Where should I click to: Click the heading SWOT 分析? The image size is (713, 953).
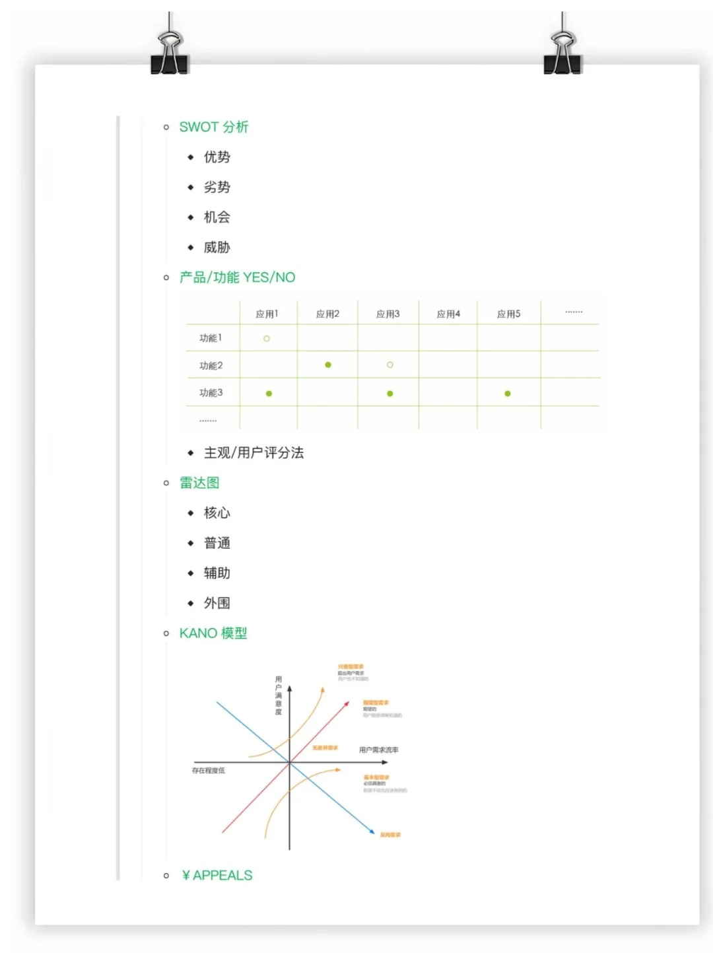(x=213, y=127)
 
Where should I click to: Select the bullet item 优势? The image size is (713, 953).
(x=217, y=157)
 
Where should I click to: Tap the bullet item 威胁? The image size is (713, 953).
(x=217, y=248)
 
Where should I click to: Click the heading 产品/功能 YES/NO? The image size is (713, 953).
(x=237, y=277)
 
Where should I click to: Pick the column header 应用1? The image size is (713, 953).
(x=267, y=314)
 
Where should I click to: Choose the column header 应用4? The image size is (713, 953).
(x=448, y=314)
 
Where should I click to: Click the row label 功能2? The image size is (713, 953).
(x=211, y=365)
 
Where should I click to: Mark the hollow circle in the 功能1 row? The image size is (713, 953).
(x=267, y=339)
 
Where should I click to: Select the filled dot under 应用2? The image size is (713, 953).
(x=328, y=365)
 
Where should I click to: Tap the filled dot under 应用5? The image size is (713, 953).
(x=508, y=394)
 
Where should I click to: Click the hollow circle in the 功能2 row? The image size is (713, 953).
(x=390, y=365)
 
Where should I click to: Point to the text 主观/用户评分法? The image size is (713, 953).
(x=254, y=453)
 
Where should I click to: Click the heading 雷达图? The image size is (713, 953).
(x=199, y=483)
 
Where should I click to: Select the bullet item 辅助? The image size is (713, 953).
(x=217, y=573)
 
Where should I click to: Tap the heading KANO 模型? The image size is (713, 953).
(x=213, y=633)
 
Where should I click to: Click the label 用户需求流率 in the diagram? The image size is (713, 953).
(x=378, y=750)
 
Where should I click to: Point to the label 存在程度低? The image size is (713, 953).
(x=209, y=771)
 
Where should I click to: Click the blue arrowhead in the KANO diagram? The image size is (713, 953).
(x=372, y=832)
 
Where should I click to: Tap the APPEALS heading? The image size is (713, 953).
(x=217, y=876)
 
